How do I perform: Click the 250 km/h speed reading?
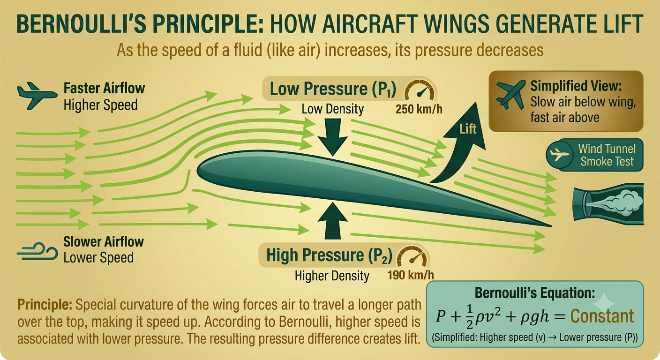tap(419, 109)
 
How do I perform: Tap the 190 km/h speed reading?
tap(411, 275)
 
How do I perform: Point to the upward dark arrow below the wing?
tap(333, 221)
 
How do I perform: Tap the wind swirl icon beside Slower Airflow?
tap(37, 251)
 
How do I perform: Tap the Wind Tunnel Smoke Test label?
tap(607, 155)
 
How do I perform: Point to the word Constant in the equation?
tap(602, 316)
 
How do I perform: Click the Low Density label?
tap(333, 109)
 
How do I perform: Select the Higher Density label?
tap(332, 276)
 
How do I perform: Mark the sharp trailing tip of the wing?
tap(551, 226)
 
